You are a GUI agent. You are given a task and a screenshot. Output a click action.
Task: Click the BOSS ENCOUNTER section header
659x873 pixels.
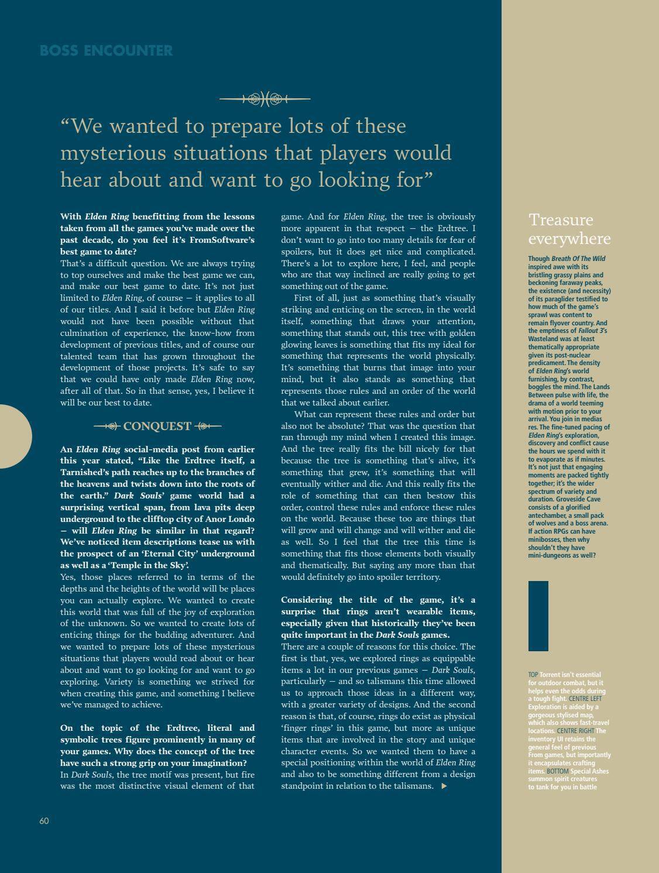click(106, 51)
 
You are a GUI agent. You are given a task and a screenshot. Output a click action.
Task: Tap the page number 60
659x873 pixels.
click(44, 821)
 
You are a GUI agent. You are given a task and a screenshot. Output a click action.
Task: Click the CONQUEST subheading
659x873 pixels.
click(157, 426)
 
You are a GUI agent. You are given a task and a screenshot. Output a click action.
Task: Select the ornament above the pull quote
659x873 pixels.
click(265, 99)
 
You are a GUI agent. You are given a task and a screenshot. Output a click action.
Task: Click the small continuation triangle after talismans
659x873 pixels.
click(444, 786)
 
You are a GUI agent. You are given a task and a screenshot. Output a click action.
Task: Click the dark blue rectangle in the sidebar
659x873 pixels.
click(538, 616)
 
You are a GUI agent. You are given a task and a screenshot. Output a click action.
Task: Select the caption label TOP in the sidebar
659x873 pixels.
click(533, 675)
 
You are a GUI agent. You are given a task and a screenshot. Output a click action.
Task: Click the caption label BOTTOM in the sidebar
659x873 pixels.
click(557, 771)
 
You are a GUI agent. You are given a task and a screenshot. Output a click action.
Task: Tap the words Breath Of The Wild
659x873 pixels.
click(578, 259)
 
